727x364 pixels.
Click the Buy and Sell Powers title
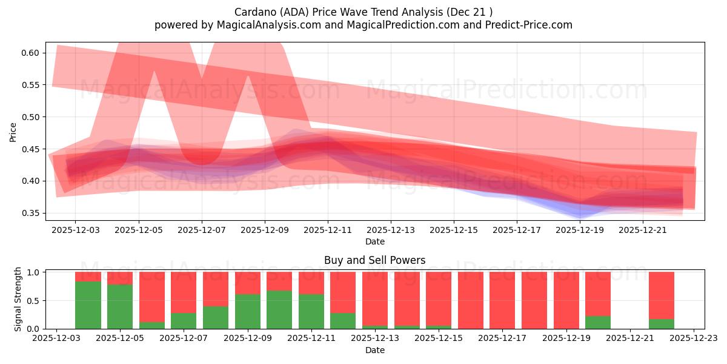374,260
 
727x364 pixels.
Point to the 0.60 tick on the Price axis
30,53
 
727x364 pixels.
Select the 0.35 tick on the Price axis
30,214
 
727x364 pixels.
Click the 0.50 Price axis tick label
30,117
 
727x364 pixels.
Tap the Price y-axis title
13,132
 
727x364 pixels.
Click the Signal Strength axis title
18,299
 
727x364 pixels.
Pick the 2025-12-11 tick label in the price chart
328,231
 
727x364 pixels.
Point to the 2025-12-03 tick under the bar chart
56,339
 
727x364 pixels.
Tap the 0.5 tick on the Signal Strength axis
34,301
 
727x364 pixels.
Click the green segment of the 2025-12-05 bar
120,306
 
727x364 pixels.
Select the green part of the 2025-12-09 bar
248,311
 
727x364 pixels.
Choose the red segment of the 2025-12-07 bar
184,292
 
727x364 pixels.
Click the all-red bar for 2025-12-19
566,300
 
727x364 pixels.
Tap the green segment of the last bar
662,324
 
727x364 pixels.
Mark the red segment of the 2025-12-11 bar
311,283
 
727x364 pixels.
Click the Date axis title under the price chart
374,241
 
